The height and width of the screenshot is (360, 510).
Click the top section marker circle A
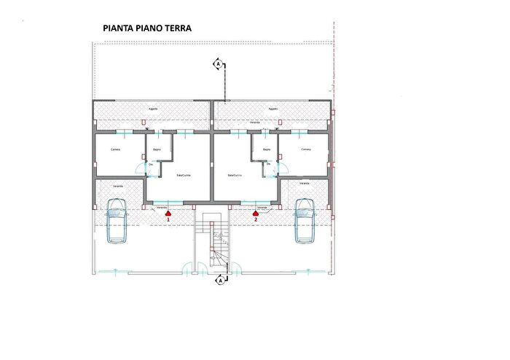click(x=217, y=66)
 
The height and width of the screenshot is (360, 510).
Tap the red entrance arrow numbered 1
click(x=168, y=214)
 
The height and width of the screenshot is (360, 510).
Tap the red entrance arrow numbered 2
click(x=256, y=214)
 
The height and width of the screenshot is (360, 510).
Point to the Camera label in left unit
click(x=115, y=149)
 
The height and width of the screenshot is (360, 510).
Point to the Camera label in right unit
click(x=306, y=149)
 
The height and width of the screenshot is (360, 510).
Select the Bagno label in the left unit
click(x=157, y=150)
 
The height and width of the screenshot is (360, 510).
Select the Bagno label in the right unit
click(x=267, y=150)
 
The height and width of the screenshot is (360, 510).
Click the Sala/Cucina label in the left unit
click(x=184, y=176)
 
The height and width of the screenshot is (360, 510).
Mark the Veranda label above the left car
click(x=117, y=187)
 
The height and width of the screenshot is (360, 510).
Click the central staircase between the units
click(x=216, y=244)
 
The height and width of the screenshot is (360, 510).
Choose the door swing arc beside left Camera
click(x=140, y=169)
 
